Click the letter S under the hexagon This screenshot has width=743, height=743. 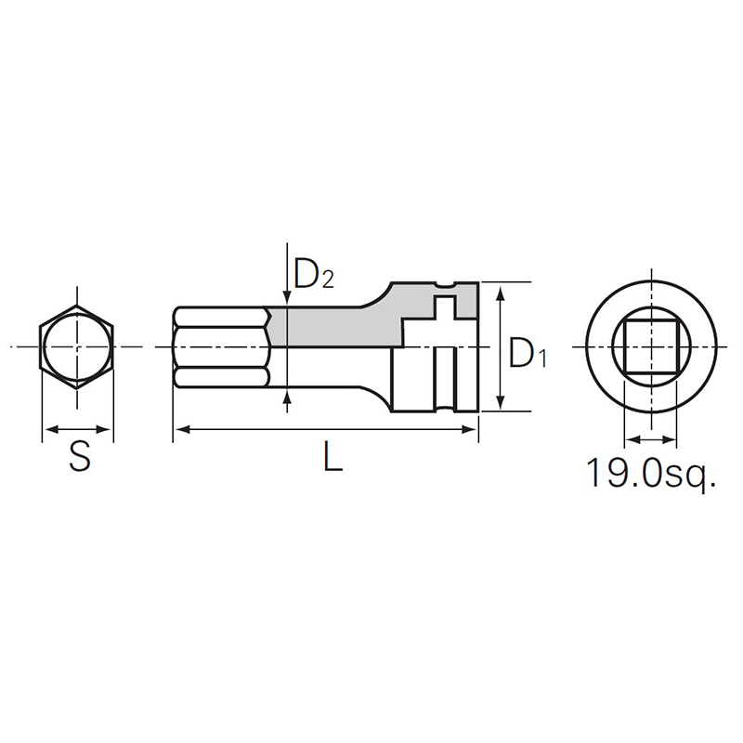pos(80,457)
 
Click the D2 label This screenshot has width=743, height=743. pos(313,273)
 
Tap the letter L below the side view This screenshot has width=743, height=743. pos(332,457)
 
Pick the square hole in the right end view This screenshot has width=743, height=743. pos(648,345)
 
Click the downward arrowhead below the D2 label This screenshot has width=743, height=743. pos(286,295)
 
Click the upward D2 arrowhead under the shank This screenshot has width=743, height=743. pos(286,400)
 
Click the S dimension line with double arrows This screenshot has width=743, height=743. pos(79,429)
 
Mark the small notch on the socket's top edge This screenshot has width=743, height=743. pos(431,286)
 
